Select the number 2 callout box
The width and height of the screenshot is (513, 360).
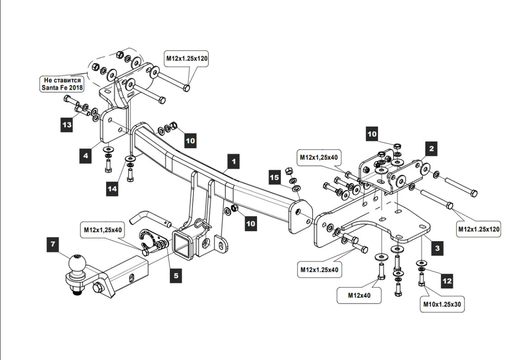(431, 148)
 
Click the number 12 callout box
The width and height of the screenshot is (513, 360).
(447, 281)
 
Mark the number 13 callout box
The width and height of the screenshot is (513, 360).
(67, 124)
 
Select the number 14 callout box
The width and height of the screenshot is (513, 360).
(112, 189)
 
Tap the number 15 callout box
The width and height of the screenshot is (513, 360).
(275, 178)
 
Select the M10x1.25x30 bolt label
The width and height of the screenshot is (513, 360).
(442, 304)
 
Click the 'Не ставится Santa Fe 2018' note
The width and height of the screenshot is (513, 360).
(61, 84)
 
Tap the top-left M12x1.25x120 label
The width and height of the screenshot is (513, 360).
(186, 58)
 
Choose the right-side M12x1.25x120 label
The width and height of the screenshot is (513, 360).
(479, 229)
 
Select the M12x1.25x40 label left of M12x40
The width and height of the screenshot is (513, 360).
(320, 270)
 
